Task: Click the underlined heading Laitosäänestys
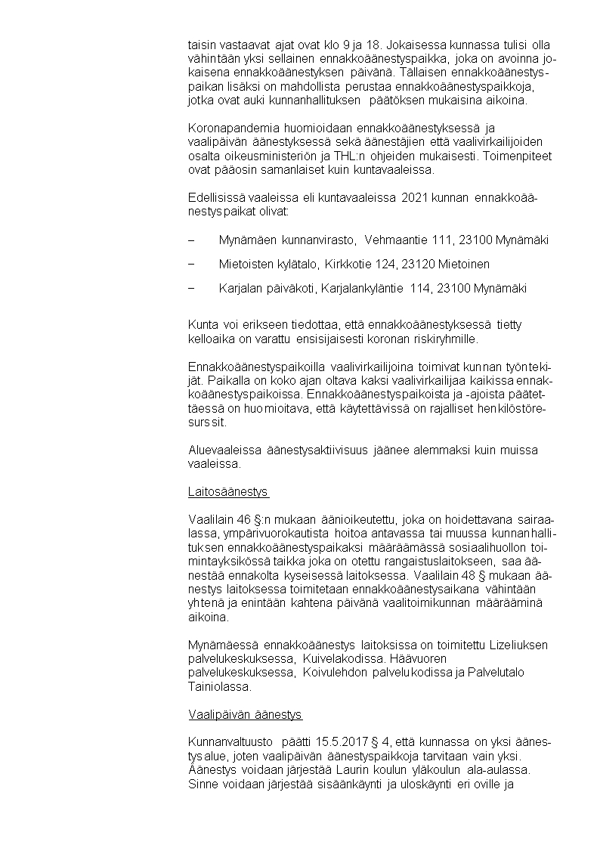coord(228,492)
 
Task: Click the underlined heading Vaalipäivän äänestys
coord(245,713)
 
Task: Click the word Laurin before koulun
coord(351,771)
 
